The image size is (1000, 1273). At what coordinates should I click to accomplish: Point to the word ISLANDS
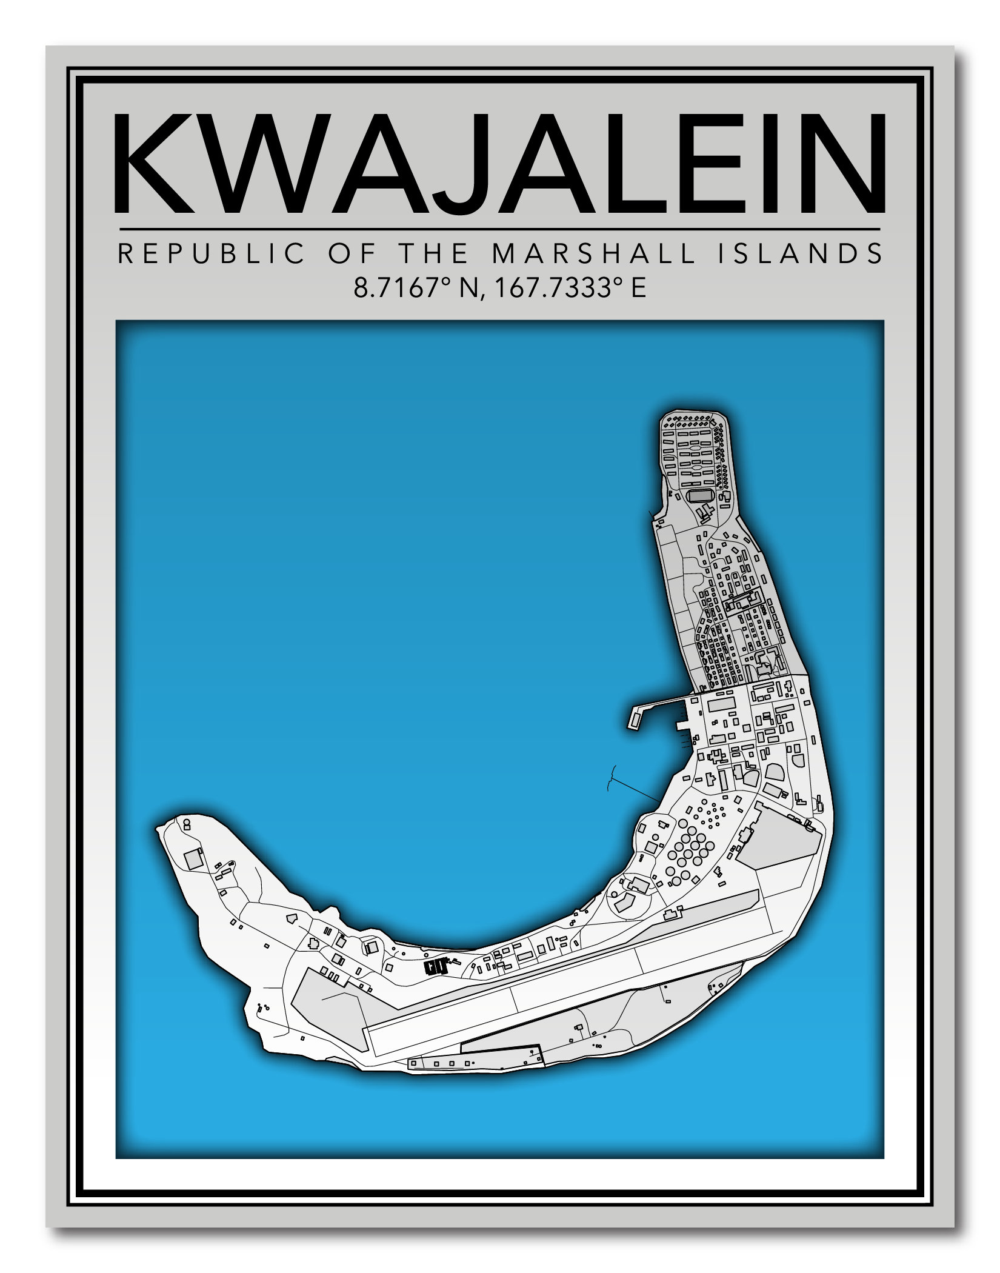point(800,253)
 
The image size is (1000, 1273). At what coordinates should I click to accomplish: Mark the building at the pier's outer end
point(636,720)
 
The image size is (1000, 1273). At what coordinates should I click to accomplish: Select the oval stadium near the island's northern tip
point(700,496)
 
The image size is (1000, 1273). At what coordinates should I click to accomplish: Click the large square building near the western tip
point(195,860)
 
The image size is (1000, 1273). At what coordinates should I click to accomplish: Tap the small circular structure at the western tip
point(187,824)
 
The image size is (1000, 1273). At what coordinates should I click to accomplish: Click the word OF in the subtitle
point(348,253)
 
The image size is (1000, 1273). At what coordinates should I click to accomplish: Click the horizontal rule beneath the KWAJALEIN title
point(500,229)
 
